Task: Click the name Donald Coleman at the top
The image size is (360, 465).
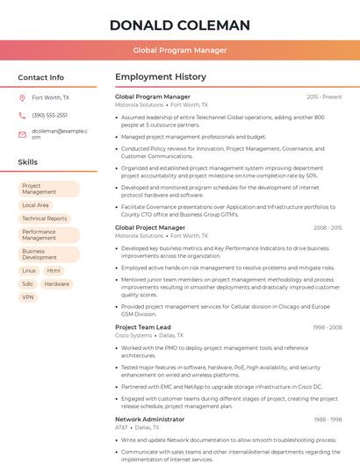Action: coord(180,25)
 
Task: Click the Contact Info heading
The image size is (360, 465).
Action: coord(40,77)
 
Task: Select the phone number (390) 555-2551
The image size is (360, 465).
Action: coord(49,115)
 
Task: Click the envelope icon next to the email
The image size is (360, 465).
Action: coord(23,134)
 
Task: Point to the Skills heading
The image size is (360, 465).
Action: coord(28,162)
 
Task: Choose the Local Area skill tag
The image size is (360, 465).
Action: coord(35,205)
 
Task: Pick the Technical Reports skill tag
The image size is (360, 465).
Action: coord(45,218)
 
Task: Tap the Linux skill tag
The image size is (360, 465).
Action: coord(29,271)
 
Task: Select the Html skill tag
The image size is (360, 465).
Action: coord(54,271)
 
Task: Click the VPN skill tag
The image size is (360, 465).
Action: coord(28,297)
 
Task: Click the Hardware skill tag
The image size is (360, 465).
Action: coord(57,284)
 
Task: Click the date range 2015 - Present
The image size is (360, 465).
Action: coord(324,97)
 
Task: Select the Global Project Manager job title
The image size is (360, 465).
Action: coord(150,227)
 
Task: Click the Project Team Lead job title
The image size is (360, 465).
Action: coord(143,327)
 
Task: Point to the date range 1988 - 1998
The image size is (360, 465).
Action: coord(327,419)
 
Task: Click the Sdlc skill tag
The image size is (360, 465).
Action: coord(28,284)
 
